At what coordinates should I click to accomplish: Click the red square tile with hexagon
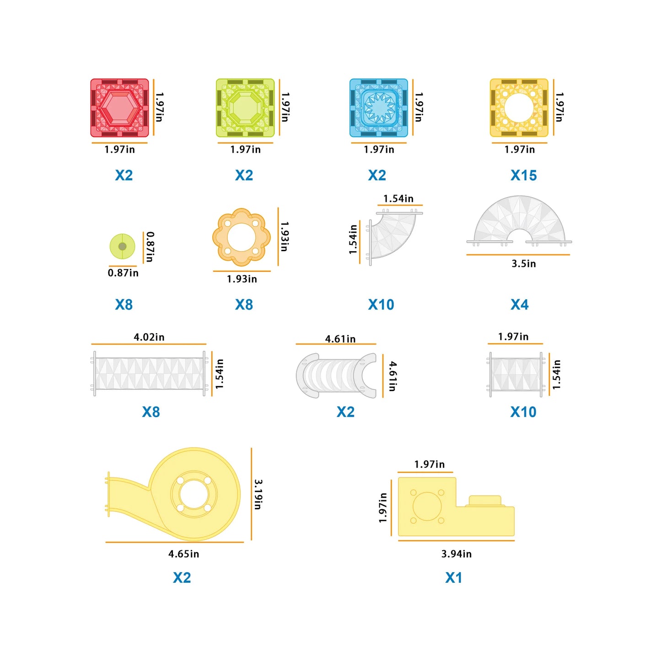(x=119, y=108)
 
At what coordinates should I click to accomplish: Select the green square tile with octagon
(x=245, y=108)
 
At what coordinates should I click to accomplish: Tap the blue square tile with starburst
(x=379, y=108)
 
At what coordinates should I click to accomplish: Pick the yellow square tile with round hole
(x=519, y=108)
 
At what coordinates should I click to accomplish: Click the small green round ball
(x=122, y=246)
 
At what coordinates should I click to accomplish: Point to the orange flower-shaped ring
(x=242, y=237)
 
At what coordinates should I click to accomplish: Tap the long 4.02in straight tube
(x=149, y=374)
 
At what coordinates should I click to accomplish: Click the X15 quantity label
(x=523, y=175)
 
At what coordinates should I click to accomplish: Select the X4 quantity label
(x=519, y=305)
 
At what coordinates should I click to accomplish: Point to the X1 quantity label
(x=453, y=578)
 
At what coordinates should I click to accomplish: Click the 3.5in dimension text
(x=523, y=263)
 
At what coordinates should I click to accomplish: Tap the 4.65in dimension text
(x=183, y=554)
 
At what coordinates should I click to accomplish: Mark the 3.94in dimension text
(x=456, y=554)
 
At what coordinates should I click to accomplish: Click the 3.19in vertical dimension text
(x=258, y=494)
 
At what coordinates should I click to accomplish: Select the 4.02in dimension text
(x=149, y=337)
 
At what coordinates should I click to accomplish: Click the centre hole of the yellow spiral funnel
(x=193, y=494)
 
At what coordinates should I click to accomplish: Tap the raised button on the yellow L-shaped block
(x=485, y=500)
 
